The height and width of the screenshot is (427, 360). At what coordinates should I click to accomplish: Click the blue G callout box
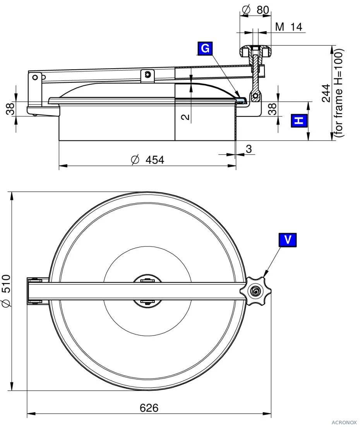click(205, 48)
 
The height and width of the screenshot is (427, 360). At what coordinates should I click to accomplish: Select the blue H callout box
click(299, 121)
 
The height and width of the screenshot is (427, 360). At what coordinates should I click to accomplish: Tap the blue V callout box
click(288, 240)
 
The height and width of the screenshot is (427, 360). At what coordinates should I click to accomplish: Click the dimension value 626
click(149, 408)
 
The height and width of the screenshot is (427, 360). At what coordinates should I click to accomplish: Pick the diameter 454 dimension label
click(147, 160)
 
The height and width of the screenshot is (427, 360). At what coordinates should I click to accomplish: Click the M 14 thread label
click(289, 27)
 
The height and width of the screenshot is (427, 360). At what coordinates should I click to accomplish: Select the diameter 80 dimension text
click(256, 10)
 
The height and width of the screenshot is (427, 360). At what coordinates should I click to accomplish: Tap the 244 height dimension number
click(326, 93)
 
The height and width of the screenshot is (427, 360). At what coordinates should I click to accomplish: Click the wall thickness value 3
click(249, 149)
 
